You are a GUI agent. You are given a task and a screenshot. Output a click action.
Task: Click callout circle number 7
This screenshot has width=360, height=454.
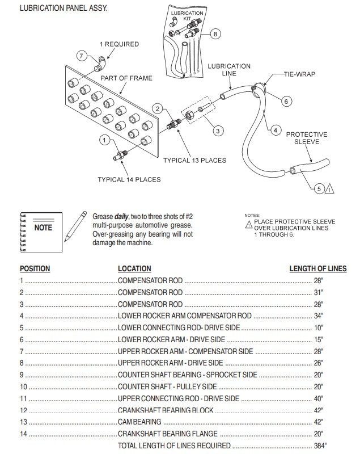pos(82,56)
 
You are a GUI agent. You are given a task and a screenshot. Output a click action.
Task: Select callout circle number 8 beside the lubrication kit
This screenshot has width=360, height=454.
pos(214,34)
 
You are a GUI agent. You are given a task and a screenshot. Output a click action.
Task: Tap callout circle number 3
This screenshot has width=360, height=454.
pos(218,131)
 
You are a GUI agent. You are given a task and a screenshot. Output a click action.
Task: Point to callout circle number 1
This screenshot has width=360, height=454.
pos(105,139)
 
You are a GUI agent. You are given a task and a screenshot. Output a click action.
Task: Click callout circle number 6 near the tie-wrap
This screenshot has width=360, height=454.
pos(286,101)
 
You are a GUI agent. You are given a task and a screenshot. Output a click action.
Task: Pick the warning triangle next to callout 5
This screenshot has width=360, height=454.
pos(330,189)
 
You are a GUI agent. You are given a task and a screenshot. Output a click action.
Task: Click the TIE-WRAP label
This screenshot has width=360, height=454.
pos(300,74)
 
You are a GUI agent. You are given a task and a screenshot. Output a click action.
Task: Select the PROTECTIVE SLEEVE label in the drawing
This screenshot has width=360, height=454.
pos(307,138)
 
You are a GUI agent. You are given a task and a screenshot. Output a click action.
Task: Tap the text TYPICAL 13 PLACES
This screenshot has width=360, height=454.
pos(194,161)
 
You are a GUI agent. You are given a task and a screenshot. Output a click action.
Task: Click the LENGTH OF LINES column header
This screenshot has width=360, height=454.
pos(317,268)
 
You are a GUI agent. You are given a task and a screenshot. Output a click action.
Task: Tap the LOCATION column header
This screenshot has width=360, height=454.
pos(134,268)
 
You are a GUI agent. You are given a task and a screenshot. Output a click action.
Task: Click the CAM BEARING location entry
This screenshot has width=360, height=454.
pos(139,422)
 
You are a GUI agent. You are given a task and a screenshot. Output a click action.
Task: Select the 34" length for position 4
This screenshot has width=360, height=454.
pos(318,316)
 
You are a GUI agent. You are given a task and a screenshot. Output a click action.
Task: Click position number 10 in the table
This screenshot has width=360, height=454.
pos(23,386)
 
